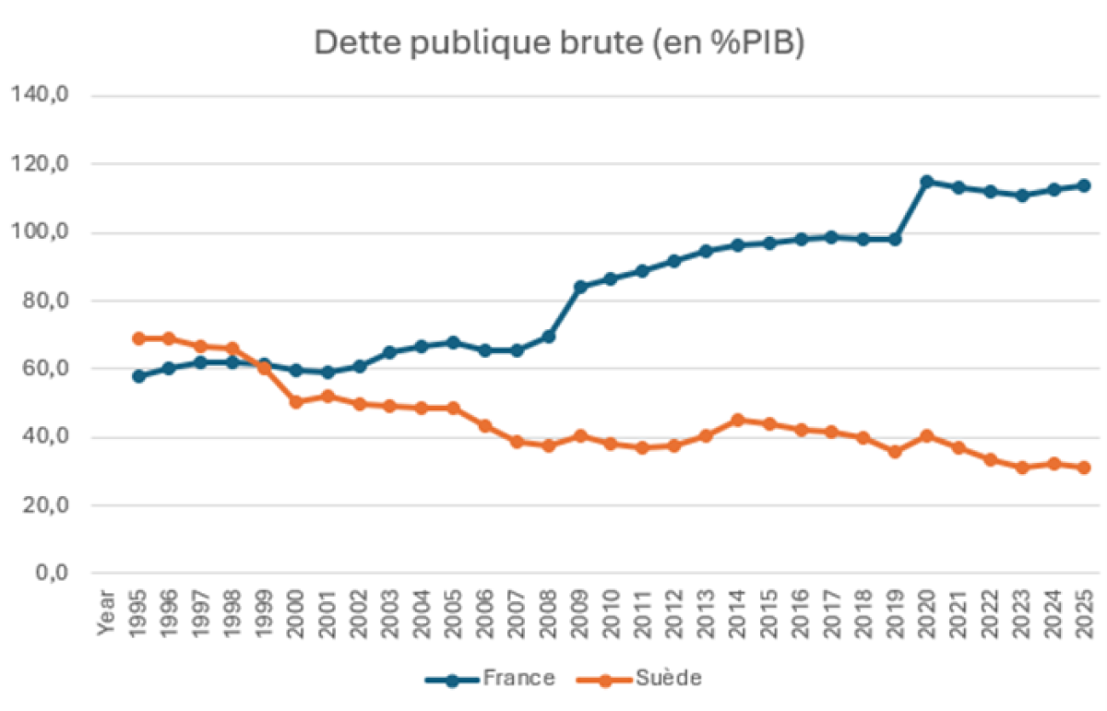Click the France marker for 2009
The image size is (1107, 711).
tap(580, 287)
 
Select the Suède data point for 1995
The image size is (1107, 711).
tap(139, 338)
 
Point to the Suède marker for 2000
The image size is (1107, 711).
tap(295, 402)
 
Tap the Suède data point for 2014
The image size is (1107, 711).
tap(737, 421)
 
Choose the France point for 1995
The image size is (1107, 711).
tap(139, 376)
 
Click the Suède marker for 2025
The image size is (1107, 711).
tap(1084, 468)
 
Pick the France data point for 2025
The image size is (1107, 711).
tap(1084, 185)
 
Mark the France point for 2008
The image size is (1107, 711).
tap(549, 337)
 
